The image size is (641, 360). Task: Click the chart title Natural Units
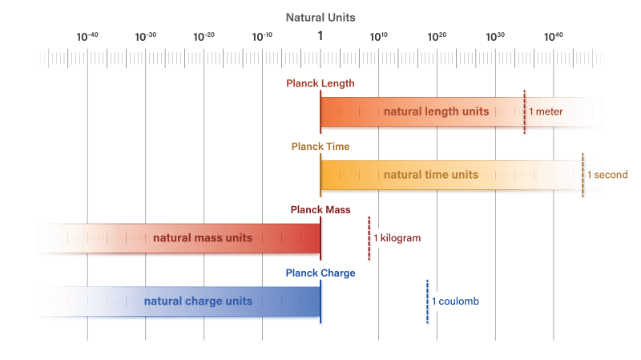[320, 17]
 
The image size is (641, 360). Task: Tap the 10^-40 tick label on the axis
[87, 36]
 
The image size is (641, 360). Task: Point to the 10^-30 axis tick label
[146, 36]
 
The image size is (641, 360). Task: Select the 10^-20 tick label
[204, 36]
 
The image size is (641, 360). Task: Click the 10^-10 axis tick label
[262, 36]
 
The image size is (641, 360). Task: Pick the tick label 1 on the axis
[320, 36]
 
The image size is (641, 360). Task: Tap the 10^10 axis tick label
[379, 36]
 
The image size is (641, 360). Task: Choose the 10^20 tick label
[437, 36]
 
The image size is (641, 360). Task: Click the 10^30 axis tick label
[495, 36]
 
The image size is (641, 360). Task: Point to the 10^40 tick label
[553, 36]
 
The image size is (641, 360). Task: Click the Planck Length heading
[320, 83]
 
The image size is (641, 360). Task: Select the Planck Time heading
[320, 147]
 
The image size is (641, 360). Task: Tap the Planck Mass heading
[320, 209]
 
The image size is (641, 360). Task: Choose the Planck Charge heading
[320, 273]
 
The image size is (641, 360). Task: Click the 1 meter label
[546, 111]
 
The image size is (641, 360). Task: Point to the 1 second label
[607, 175]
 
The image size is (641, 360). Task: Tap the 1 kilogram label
[397, 238]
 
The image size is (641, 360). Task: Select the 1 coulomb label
[455, 301]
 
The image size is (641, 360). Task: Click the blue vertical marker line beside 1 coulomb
[427, 301]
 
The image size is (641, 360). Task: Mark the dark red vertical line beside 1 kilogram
[369, 238]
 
